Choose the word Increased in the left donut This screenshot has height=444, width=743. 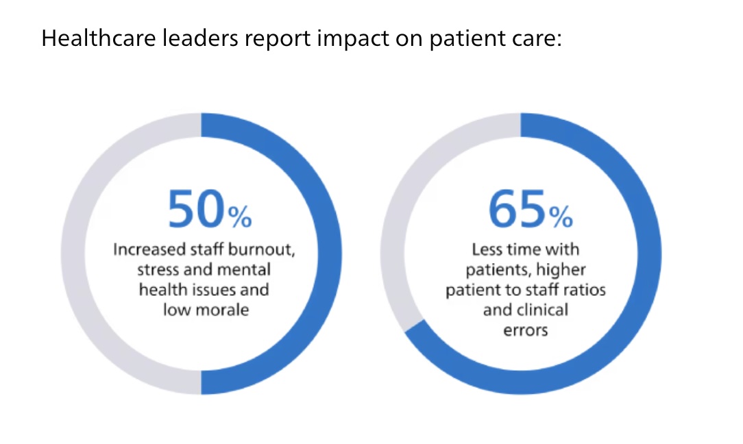pos(143,249)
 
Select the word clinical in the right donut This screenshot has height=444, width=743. pos(542,309)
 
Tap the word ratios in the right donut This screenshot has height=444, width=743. pos(586,289)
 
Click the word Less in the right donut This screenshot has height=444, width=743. pos(486,249)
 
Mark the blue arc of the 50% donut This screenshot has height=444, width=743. pos(326,254)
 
